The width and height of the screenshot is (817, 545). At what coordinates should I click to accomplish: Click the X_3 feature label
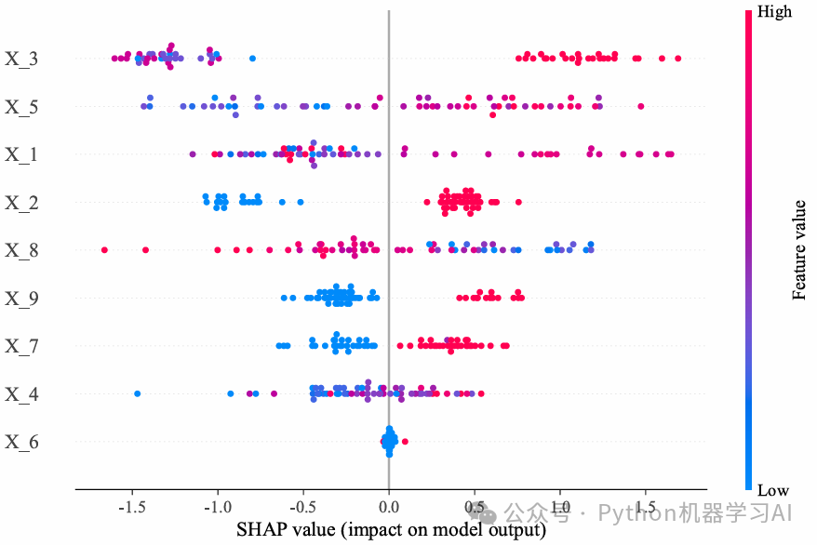22,60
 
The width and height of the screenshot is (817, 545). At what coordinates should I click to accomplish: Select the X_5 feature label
22,107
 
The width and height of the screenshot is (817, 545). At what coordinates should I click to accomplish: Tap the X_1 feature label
22,154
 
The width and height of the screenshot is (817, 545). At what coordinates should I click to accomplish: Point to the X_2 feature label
22,203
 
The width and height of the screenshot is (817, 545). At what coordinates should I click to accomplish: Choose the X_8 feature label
22,250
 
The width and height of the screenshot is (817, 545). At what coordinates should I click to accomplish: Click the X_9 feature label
22,299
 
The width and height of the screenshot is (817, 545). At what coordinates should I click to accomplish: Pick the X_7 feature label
22,346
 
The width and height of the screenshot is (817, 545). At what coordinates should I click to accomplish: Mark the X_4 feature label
22,394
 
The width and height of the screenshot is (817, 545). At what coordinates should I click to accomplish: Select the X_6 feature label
22,442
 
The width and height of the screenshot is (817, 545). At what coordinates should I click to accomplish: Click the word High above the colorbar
775,12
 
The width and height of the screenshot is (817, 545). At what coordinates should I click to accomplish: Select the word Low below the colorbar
773,490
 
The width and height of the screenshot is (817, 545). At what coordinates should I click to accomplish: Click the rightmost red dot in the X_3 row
677,59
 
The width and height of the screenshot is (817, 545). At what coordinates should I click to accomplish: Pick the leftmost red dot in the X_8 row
104,249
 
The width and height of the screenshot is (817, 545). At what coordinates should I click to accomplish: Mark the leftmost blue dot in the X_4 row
138,393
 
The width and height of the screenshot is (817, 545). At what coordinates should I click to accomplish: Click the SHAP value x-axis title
390,530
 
